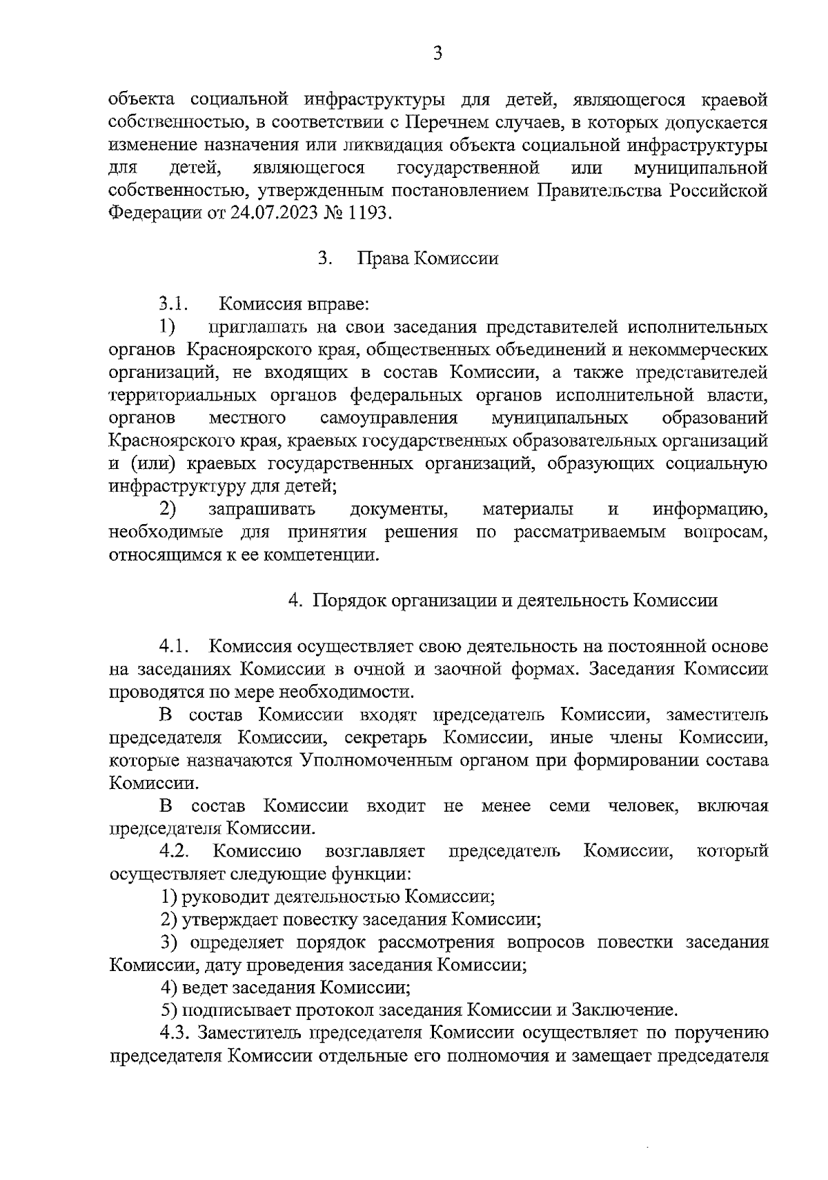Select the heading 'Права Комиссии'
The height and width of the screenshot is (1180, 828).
pyautogui.click(x=427, y=259)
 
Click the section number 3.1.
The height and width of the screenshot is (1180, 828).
pyautogui.click(x=173, y=303)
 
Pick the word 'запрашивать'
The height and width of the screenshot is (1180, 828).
pyautogui.click(x=262, y=510)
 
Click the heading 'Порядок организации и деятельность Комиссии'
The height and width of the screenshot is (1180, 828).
pyautogui.click(x=515, y=601)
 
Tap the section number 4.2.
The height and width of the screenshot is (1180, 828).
pyautogui.click(x=174, y=851)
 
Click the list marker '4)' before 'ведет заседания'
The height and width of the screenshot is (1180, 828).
pyautogui.click(x=169, y=988)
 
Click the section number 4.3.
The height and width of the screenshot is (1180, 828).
pyautogui.click(x=174, y=1033)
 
